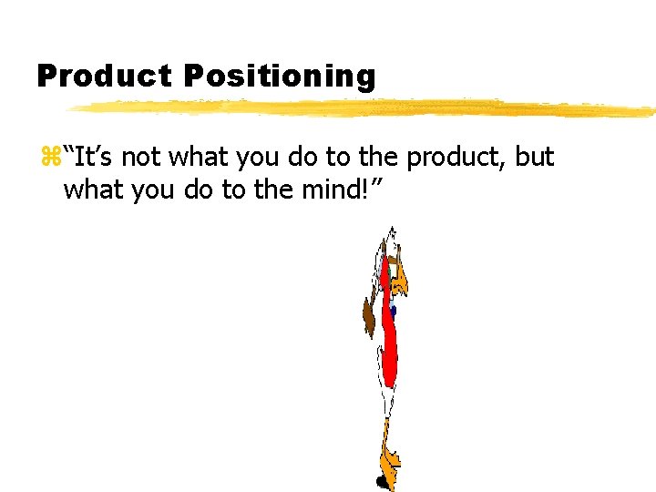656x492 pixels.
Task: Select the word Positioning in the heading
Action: [279, 77]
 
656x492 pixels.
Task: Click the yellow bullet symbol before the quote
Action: [50, 158]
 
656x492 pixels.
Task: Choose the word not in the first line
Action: [141, 157]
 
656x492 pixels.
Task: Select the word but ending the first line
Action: [534, 157]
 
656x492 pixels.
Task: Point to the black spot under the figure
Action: [382, 481]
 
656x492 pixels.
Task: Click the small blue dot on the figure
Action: [394, 312]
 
